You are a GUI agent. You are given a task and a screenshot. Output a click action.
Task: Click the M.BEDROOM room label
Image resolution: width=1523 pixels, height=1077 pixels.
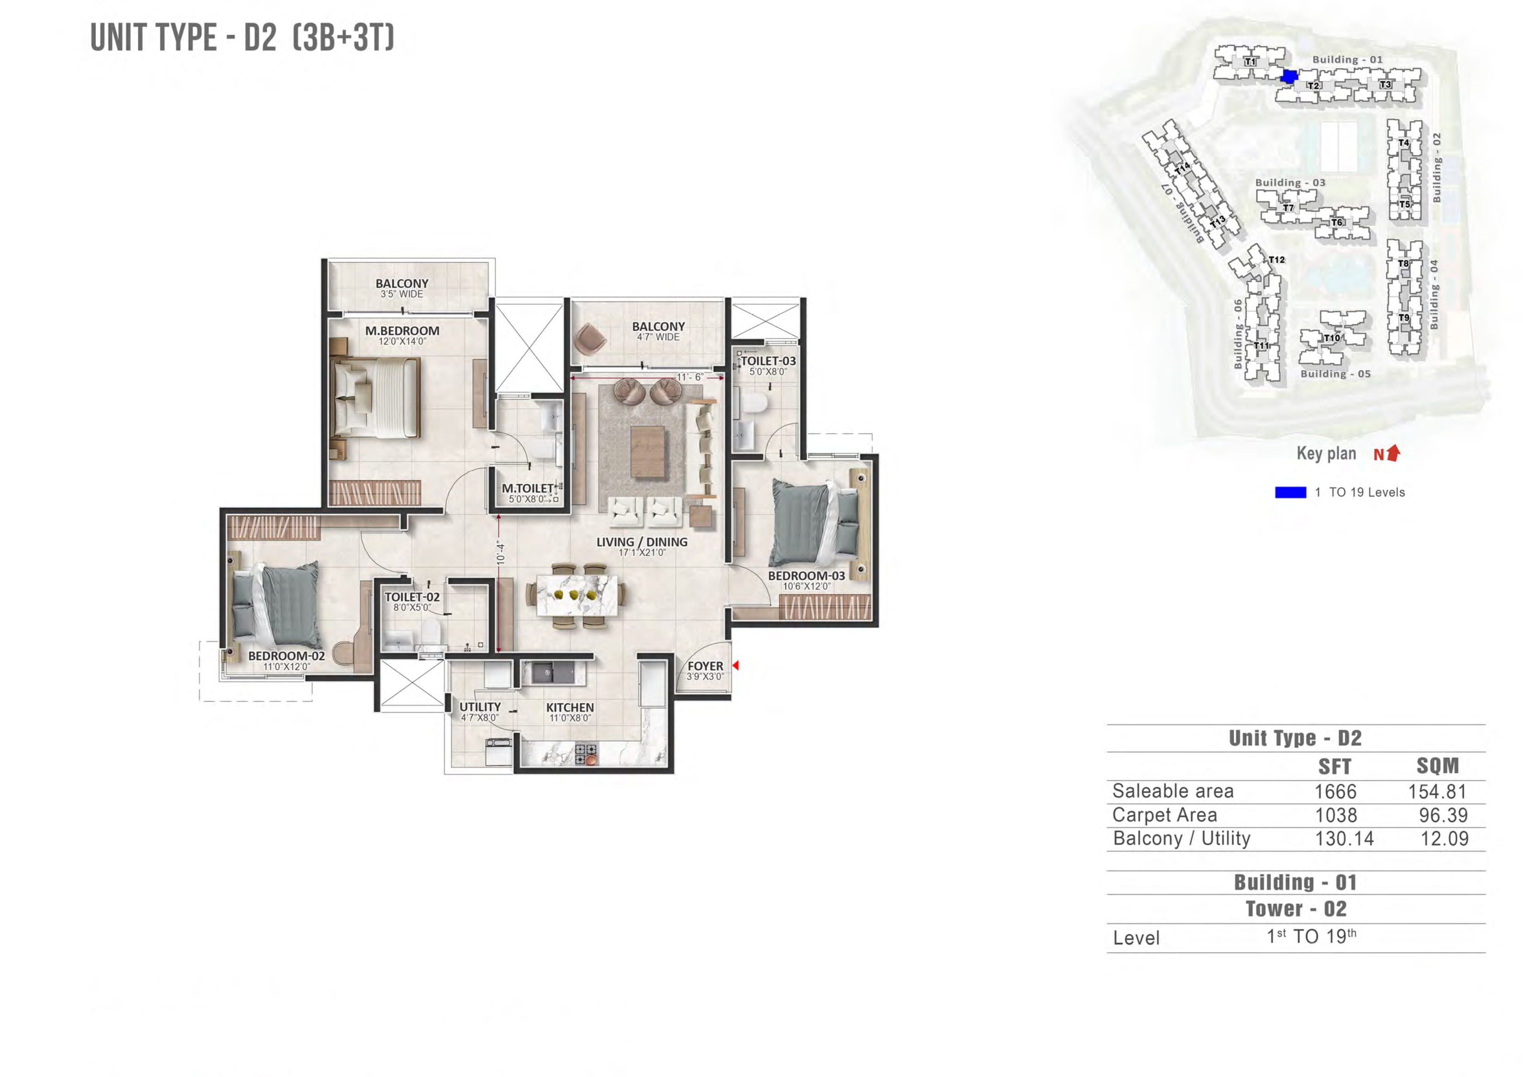pos(402,331)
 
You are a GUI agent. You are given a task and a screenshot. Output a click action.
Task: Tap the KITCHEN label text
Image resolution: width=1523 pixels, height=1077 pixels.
pos(570,707)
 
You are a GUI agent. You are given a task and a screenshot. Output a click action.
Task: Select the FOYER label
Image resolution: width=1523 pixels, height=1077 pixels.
pos(705,665)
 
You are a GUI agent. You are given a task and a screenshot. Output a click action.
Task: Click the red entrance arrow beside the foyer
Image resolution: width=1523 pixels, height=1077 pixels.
pos(735,665)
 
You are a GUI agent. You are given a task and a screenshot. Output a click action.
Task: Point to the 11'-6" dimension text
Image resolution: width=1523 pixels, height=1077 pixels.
pos(690,377)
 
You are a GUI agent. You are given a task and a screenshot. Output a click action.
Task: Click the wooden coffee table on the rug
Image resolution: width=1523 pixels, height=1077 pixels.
pos(648,451)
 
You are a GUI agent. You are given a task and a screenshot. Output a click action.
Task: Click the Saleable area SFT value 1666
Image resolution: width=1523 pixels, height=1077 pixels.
pos(1335,791)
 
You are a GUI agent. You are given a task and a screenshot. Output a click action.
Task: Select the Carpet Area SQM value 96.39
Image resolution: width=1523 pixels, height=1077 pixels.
pos(1443,815)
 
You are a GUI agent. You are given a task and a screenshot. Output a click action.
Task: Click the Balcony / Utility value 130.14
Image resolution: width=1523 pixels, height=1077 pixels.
pos(1344,839)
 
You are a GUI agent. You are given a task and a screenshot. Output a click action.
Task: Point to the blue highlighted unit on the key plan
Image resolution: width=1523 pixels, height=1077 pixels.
pos(1289,76)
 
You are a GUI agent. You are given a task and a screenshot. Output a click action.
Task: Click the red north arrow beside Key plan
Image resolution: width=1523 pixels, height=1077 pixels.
pos(1394,453)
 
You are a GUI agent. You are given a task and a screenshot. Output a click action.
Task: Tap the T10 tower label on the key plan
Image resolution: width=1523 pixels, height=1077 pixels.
pos(1331,338)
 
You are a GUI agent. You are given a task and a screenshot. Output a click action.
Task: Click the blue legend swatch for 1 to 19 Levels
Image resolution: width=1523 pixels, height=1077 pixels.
pos(1290,492)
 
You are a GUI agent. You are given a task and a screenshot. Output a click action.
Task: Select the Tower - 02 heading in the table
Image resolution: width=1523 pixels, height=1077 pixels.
pos(1296,908)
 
